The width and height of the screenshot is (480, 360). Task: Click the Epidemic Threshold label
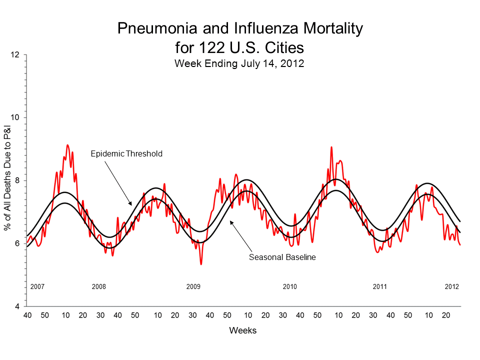click(126, 154)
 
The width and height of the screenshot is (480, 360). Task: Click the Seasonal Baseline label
click(282, 257)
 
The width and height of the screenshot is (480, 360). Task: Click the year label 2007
click(37, 287)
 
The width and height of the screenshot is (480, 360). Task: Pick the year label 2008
click(99, 287)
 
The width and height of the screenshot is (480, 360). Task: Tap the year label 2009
click(193, 287)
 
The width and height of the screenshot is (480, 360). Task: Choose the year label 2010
click(289, 287)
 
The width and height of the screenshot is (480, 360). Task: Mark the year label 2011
click(380, 287)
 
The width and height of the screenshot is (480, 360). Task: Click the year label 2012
click(452, 287)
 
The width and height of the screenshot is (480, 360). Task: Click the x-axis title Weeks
click(243, 330)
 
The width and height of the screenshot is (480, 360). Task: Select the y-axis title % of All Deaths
click(8, 180)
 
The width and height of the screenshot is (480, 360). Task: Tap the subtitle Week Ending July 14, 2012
click(239, 64)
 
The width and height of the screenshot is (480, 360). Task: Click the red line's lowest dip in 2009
click(201, 263)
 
